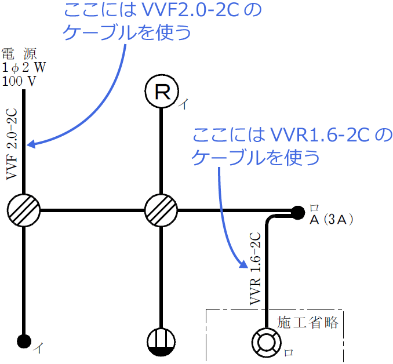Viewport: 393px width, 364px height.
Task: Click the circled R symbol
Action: (162, 92)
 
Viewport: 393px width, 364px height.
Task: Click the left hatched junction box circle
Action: (24, 209)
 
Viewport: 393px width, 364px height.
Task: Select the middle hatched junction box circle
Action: (161, 209)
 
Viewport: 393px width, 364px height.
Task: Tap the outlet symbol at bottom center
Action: (161, 342)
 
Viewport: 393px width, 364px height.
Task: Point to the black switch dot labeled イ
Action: (23, 341)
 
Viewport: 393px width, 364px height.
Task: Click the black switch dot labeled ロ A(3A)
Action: (298, 213)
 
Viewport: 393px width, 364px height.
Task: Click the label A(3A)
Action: (333, 220)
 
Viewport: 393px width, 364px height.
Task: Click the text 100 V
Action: (19, 81)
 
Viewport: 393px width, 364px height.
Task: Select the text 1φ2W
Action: (23, 67)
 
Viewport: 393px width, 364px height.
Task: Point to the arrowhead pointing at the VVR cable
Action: (243, 266)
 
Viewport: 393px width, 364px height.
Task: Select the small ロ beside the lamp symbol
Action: (289, 352)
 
